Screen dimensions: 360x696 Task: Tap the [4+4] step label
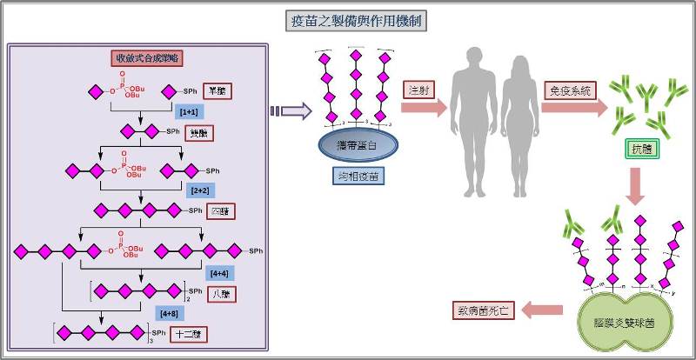pos(219,272)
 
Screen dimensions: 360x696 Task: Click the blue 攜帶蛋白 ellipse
pos(353,145)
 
